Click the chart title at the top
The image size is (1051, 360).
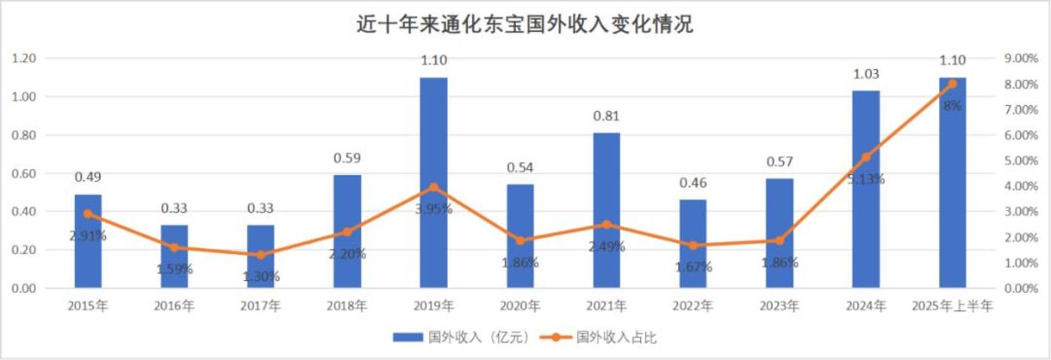pyautogui.click(x=525, y=25)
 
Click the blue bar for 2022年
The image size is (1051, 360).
pyautogui.click(x=693, y=244)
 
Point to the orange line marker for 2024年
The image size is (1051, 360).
pyautogui.click(x=866, y=157)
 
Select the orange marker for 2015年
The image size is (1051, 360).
pyautogui.click(x=88, y=213)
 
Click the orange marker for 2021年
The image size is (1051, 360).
pyautogui.click(x=607, y=225)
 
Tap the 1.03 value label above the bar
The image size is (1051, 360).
pyautogui.click(x=866, y=74)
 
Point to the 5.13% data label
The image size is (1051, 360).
pyautogui.click(x=866, y=179)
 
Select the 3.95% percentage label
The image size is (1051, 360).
pyautogui.click(x=434, y=208)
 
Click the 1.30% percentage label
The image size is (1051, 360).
pyautogui.click(x=261, y=276)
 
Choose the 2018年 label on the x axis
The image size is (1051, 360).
pyautogui.click(x=347, y=306)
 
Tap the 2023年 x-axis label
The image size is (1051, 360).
pyautogui.click(x=780, y=306)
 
